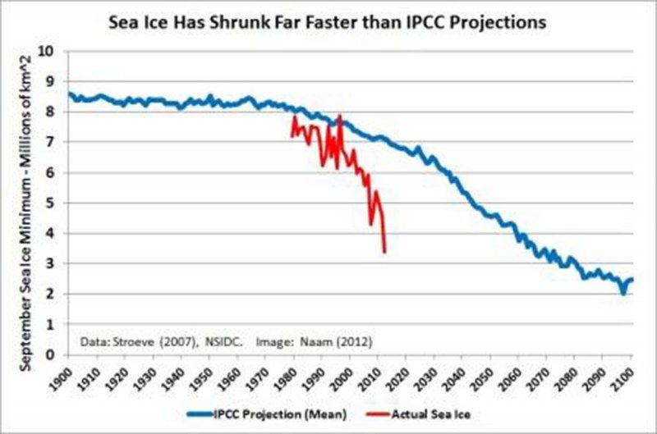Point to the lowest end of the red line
(384, 251)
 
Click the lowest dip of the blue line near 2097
(623, 293)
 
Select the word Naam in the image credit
(321, 339)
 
